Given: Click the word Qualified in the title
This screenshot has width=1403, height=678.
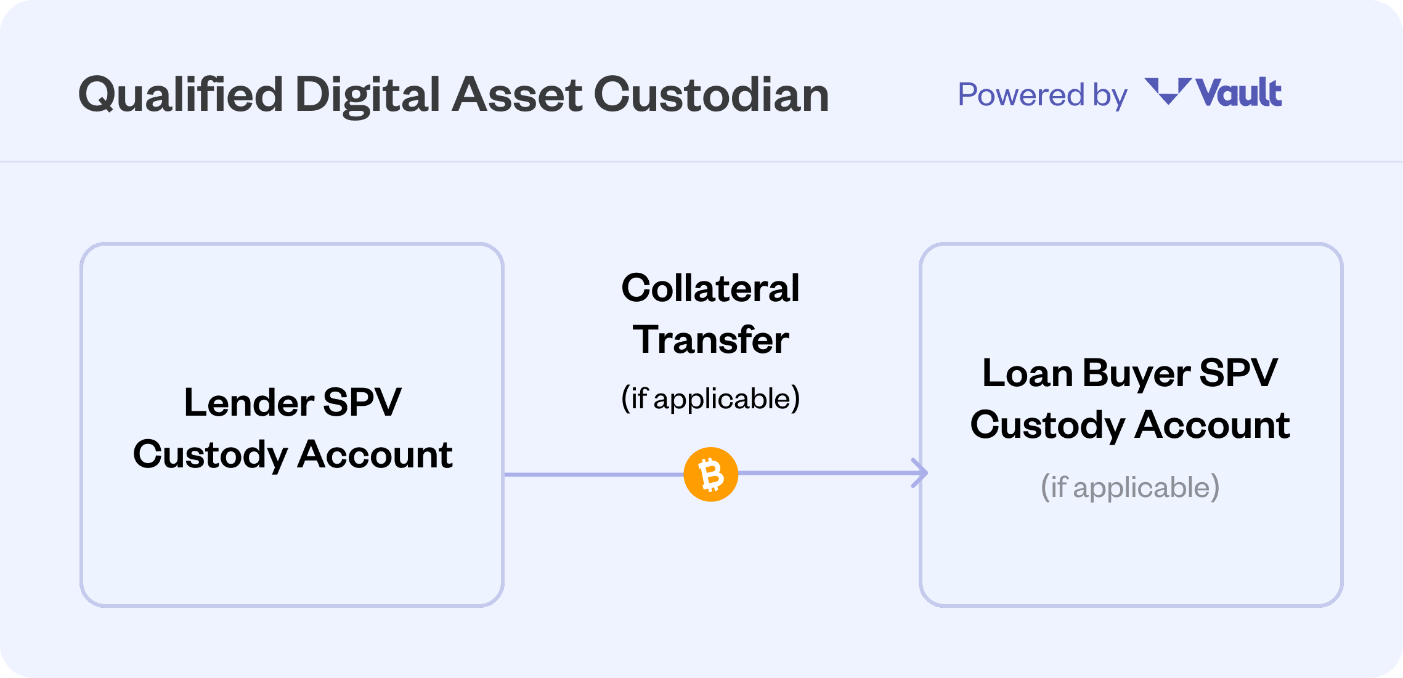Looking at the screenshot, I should tap(181, 95).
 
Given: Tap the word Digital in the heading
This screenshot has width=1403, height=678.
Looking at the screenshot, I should tap(367, 95).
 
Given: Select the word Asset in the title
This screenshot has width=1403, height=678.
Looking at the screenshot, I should tap(517, 95).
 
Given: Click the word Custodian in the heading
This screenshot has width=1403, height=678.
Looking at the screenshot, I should tap(711, 95).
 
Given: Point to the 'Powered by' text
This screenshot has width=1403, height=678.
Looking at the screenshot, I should tap(1042, 95).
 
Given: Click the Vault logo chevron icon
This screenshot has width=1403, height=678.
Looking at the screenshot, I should tap(1167, 91).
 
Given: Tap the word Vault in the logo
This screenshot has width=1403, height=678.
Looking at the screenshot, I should tap(1238, 94).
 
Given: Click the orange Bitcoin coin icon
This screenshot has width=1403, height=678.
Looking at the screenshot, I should tap(711, 474).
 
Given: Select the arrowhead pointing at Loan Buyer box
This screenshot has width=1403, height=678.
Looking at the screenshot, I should tap(921, 473).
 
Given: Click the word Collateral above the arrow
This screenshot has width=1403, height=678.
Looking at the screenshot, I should tap(710, 288).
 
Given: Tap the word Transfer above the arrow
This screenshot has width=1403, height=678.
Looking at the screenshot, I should tap(710, 339).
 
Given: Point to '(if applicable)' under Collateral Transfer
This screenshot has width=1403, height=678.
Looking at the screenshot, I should tap(710, 398).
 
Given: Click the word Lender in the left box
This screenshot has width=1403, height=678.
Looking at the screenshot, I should tap(249, 403).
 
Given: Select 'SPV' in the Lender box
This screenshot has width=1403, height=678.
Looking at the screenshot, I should tap(362, 403).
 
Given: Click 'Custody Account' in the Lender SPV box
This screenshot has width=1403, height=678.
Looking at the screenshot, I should tap(293, 454).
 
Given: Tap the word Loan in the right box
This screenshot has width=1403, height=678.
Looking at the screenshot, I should tap(1027, 373).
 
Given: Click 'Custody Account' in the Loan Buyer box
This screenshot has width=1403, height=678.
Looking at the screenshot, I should tap(1130, 425).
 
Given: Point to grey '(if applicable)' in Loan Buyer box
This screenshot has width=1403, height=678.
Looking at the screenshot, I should tap(1130, 487).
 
